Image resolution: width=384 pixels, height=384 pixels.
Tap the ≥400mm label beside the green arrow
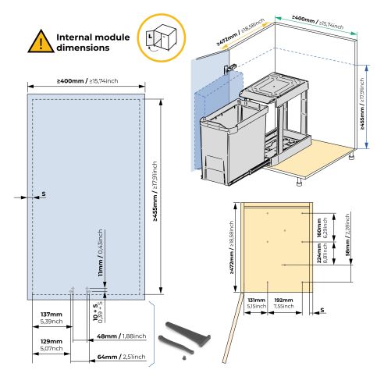pos(316,16)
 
